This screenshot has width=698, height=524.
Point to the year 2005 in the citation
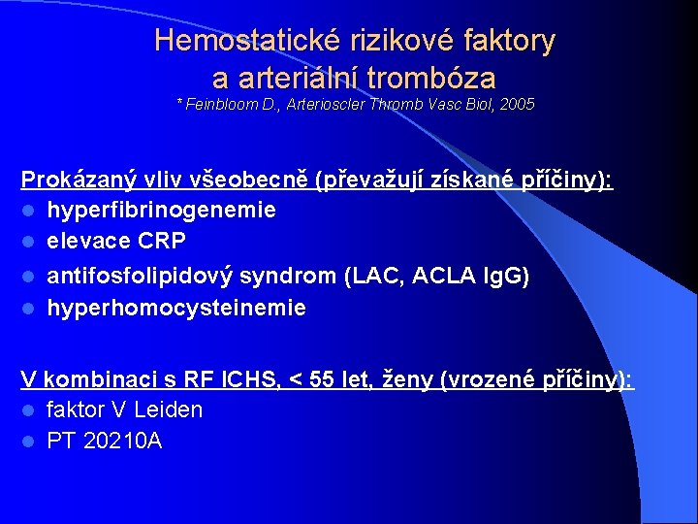pos(516,104)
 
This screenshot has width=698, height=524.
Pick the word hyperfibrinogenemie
pos(161,210)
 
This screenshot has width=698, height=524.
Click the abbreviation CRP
pos(161,241)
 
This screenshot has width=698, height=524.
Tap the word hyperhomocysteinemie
pos(176,309)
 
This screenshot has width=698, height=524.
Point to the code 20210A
pos(123,441)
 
